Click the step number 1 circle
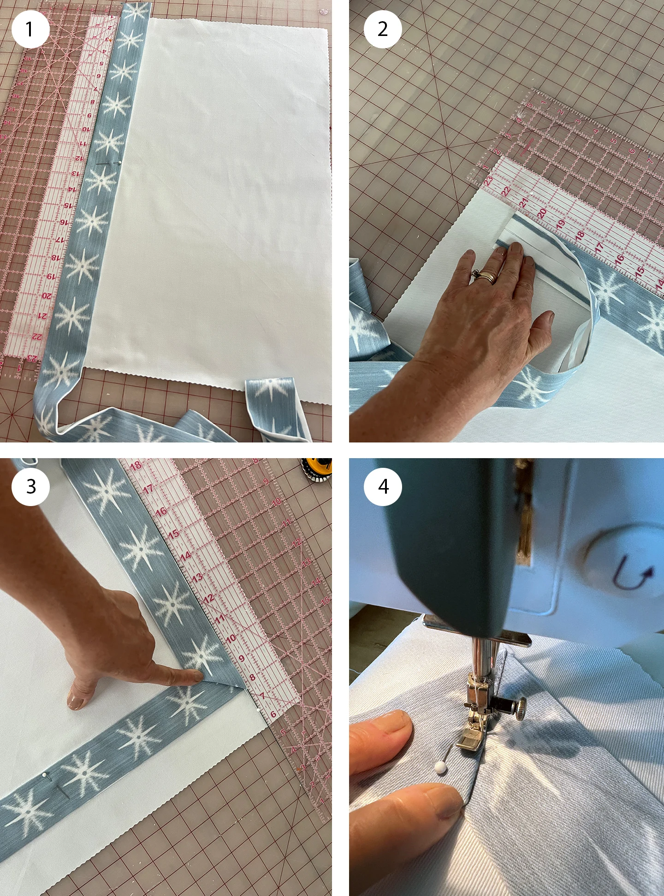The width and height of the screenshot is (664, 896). click(30, 29)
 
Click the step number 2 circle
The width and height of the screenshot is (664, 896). click(383, 29)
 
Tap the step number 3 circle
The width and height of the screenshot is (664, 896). click(30, 487)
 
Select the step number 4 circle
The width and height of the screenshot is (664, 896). click(383, 487)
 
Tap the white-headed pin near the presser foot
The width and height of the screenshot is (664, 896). click(441, 767)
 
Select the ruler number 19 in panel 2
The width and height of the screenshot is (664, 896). click(560, 224)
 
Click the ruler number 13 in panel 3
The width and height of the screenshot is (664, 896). click(197, 578)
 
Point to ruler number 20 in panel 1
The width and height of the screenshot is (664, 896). click(46, 295)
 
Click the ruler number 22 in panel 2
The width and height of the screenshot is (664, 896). click(505, 191)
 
